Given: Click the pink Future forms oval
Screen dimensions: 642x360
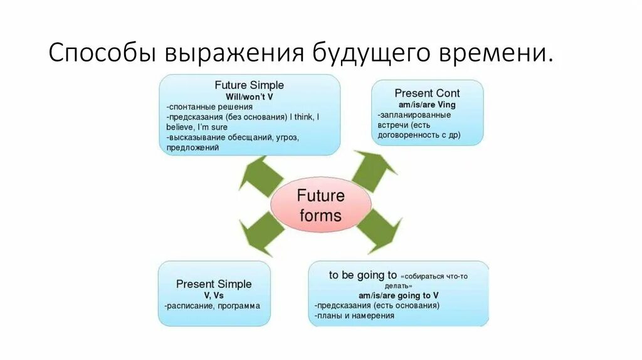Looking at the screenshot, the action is [x=320, y=205].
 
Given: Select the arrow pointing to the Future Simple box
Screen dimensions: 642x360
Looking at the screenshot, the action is [x=260, y=174].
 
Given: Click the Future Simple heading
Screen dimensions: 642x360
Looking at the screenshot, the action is [x=249, y=85].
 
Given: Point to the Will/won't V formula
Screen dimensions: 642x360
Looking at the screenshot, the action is [x=249, y=97].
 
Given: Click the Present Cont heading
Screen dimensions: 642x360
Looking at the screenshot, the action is [x=427, y=93].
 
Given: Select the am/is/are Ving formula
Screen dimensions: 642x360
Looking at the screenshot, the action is [x=427, y=104].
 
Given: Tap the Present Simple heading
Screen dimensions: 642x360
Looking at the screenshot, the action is [x=214, y=284].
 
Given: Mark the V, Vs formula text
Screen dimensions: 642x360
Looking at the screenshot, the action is [x=214, y=295].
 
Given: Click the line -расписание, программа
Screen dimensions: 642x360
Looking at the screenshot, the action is [x=212, y=306].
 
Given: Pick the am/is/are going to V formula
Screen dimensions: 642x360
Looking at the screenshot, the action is [x=398, y=295].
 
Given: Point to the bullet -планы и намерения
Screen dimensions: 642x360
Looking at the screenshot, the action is [x=354, y=315].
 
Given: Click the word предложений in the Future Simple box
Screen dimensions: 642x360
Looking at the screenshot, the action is [x=192, y=148].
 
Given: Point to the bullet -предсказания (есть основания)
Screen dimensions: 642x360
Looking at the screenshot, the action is [x=377, y=305].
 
